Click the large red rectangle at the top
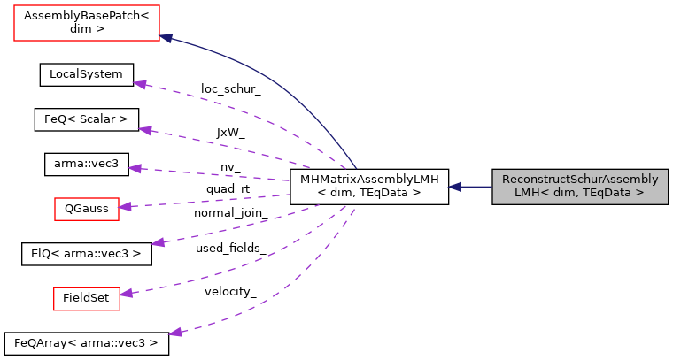87,23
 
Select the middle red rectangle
87,209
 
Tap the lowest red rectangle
87,299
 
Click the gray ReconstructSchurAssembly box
580,187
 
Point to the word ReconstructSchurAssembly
580,180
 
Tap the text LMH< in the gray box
533,193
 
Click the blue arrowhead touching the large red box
166,38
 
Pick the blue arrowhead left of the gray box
454,187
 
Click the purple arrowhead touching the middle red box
125,206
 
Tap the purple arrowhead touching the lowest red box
126,293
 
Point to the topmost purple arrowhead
139,84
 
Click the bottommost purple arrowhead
175,333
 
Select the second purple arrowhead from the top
145,130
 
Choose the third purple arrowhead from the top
135,168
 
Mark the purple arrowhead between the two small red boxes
158,242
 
